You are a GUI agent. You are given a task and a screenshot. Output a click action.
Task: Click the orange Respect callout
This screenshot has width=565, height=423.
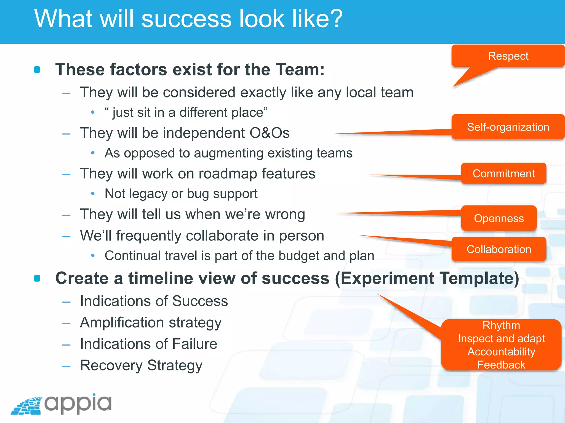(508, 56)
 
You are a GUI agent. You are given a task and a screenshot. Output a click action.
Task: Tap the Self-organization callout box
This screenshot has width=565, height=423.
(508, 127)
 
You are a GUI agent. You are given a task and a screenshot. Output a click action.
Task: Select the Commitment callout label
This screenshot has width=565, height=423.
(503, 174)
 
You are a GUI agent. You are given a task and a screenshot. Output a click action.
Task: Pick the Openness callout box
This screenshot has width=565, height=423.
(499, 218)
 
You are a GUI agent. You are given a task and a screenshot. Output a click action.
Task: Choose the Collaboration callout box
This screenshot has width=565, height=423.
(499, 249)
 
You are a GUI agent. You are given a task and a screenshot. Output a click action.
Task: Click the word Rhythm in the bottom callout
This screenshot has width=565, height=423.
(501, 326)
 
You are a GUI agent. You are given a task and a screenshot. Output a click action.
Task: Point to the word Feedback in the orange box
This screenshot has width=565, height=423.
(501, 365)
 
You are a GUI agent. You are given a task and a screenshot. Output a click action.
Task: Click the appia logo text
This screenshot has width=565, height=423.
(78, 404)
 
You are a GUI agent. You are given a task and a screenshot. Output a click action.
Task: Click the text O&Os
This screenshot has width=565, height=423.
(270, 133)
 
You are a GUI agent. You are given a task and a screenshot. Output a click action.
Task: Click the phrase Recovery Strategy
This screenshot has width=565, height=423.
(141, 366)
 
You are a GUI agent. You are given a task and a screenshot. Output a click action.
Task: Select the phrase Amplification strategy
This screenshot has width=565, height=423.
(151, 323)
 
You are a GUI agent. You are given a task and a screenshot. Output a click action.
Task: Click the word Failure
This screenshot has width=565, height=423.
(194, 344)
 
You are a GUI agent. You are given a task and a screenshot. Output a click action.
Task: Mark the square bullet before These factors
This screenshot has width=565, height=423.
(37, 70)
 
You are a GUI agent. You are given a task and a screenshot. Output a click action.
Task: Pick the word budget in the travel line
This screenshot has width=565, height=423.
(299, 256)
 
